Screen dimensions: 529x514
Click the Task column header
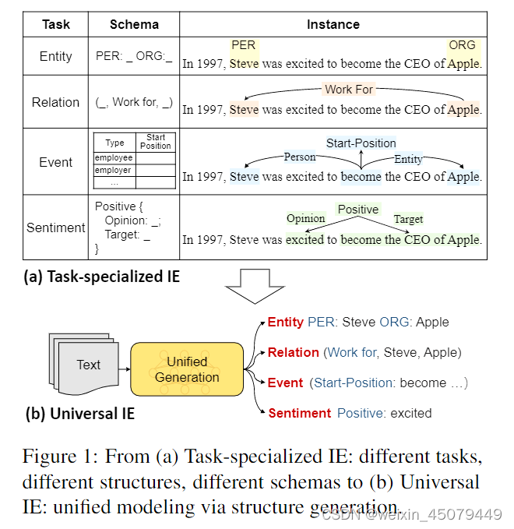coord(55,24)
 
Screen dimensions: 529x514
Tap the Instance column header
coord(333,24)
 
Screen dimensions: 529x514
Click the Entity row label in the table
coord(55,56)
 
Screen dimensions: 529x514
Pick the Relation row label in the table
coord(55,102)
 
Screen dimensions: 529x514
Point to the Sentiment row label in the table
coord(55,227)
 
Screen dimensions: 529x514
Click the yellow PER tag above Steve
coord(244,45)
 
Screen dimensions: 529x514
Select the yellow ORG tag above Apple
coord(462,45)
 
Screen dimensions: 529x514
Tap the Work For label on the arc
coord(349,89)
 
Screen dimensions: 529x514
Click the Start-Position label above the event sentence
coord(361,143)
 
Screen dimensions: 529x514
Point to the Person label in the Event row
coord(300,157)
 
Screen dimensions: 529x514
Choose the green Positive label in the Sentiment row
coord(357,210)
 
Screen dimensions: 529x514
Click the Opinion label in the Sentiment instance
coord(306,219)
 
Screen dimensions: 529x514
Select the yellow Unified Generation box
coord(187,369)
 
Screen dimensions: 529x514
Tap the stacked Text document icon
coord(86,365)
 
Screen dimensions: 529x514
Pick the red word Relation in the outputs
coord(294,352)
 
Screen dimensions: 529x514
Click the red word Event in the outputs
coord(285,383)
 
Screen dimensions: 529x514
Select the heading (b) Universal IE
coord(80,414)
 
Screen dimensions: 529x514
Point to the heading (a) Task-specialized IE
coord(101,277)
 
